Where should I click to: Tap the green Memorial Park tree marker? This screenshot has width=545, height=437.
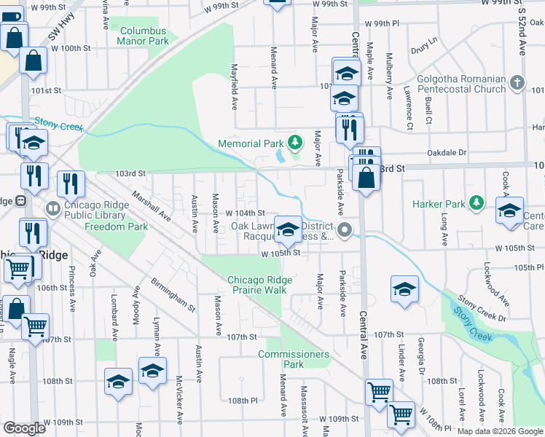295,142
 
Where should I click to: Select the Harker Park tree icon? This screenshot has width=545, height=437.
477,203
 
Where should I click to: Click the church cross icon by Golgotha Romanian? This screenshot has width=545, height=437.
517,82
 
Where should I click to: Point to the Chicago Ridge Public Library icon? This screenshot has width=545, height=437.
52,209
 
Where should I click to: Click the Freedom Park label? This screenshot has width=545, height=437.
117,227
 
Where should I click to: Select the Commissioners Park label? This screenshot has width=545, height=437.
294,359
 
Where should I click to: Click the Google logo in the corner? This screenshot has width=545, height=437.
25,428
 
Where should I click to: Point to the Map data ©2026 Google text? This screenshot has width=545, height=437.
499,431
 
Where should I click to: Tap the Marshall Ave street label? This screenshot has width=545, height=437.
151,206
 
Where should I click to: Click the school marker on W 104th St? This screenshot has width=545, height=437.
289,228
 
